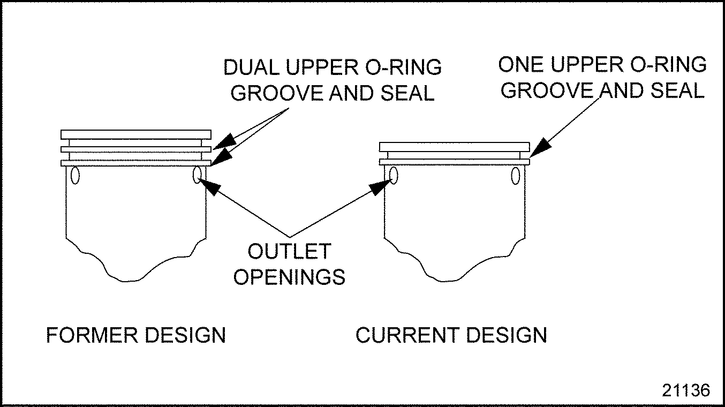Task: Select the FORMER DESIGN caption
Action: click(x=136, y=335)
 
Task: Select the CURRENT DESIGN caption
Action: click(x=451, y=335)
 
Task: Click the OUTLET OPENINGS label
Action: click(x=290, y=263)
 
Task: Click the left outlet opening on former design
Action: click(x=74, y=175)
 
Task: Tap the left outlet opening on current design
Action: click(x=394, y=175)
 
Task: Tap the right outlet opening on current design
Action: click(x=516, y=175)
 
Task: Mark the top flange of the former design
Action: click(x=136, y=134)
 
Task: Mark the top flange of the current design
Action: click(x=454, y=146)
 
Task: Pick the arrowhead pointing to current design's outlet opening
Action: click(x=381, y=187)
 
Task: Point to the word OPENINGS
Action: click(x=290, y=277)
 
